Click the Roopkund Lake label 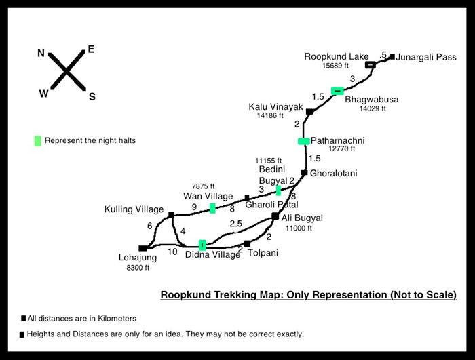click(337, 57)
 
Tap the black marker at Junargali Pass click(392, 57)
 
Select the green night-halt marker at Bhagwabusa click(337, 91)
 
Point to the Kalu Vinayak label click(275, 107)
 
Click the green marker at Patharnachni click(304, 141)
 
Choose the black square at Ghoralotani click(304, 173)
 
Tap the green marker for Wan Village click(212, 208)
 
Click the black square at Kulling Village click(171, 215)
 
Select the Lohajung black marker click(142, 248)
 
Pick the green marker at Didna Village click(202, 245)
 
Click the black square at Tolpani click(247, 244)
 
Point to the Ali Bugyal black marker click(275, 216)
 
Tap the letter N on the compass click(41, 54)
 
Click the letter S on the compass click(92, 96)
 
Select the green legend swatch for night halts click(37, 141)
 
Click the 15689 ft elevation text click(335, 66)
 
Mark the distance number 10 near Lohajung click(172, 252)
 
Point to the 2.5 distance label click(235, 224)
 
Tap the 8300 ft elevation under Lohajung click(138, 268)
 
